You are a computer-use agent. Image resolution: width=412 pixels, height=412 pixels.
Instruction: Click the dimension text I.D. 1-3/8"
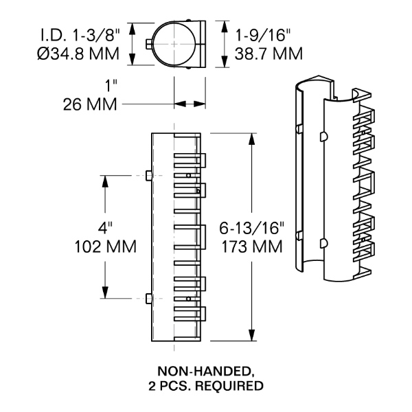pyautogui.click(x=80, y=33)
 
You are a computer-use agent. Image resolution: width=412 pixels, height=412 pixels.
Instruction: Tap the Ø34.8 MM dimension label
pyautogui.click(x=80, y=52)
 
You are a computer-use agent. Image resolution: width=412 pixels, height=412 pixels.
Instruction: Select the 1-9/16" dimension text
pyautogui.click(x=269, y=33)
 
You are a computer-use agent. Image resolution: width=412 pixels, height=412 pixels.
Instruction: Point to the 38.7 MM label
pyautogui.click(x=269, y=52)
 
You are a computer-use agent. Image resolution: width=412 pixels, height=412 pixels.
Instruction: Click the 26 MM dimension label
pyautogui.click(x=85, y=104)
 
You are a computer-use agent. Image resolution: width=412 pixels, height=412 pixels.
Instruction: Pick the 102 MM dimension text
pyautogui.click(x=97, y=246)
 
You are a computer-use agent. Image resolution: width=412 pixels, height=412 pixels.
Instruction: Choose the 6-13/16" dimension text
pyautogui.click(x=249, y=227)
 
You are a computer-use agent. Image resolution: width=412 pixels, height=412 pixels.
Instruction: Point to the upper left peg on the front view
pyautogui.click(x=149, y=176)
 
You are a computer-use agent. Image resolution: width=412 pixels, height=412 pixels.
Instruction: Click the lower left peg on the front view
pyautogui.click(x=149, y=298)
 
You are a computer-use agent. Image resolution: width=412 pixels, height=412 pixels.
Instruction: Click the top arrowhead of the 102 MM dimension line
pyautogui.click(x=105, y=179)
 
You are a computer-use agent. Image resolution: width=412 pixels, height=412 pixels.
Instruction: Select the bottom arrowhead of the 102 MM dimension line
pyautogui.click(x=105, y=295)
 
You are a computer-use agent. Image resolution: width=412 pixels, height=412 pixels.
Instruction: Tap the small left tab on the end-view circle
pyautogui.click(x=149, y=45)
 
